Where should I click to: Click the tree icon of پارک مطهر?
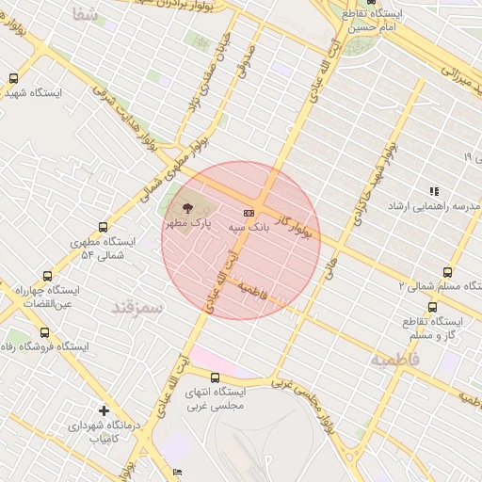[185, 208]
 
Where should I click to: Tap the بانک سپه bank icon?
[249, 213]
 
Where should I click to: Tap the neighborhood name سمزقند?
[137, 307]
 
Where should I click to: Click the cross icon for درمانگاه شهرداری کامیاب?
[104, 410]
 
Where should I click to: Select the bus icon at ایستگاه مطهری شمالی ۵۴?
[103, 226]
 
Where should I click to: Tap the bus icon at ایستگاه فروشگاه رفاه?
[45, 331]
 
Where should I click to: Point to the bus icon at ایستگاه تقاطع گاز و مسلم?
[432, 307]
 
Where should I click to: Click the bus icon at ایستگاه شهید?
[12, 79]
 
